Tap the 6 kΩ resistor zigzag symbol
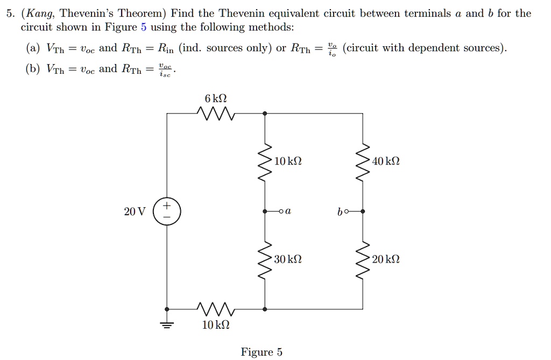(215, 114)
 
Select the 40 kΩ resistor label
(386, 161)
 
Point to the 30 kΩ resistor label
(288, 260)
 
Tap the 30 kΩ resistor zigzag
(264, 260)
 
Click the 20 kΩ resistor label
(386, 260)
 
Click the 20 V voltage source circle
(167, 211)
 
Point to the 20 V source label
(134, 211)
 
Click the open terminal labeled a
(280, 211)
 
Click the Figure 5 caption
(262, 352)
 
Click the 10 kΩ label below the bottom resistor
(216, 326)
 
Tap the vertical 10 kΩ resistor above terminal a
(264, 162)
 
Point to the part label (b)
(32, 69)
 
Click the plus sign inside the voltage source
(167, 206)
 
